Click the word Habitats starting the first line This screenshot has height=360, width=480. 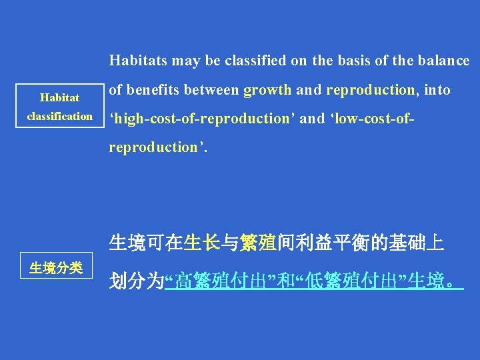(x=138, y=61)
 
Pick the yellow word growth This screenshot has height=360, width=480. (x=267, y=90)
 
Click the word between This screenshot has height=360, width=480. (x=211, y=90)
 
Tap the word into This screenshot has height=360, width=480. (x=436, y=90)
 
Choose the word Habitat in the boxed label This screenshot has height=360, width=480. (x=59, y=97)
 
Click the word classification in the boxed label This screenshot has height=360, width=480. (x=59, y=116)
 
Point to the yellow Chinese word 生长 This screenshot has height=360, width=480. (x=202, y=243)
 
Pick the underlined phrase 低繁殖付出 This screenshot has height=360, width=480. (x=349, y=281)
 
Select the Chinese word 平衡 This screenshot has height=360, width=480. (x=342, y=243)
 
